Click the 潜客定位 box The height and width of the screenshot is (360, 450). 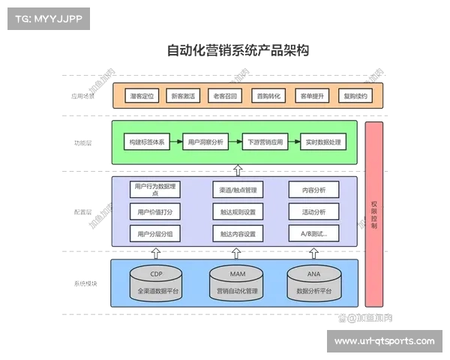(142, 97)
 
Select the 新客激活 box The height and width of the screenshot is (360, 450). (184, 97)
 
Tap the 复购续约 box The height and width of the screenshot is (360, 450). (355, 97)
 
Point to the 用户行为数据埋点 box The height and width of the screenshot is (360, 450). (154, 190)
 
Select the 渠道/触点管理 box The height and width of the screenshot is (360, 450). (238, 190)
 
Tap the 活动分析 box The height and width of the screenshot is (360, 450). (313, 211)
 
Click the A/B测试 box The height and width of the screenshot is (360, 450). (313, 234)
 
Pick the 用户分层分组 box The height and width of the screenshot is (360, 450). (154, 234)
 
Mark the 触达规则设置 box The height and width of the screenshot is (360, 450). (238, 211)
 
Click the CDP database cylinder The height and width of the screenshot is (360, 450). (155, 283)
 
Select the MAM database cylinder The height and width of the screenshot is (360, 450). (238, 283)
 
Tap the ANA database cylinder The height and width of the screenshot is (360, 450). (313, 283)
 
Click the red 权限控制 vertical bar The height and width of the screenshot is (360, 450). (373, 214)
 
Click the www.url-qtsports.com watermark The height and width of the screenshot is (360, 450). (384, 341)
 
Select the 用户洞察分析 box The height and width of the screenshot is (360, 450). (205, 142)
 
